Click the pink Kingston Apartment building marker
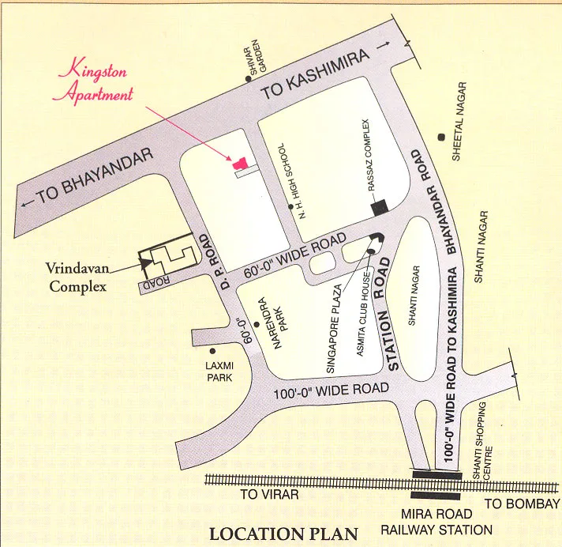(x=239, y=164)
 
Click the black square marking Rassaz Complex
(x=380, y=207)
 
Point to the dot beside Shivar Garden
(x=249, y=79)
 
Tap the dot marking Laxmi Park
(x=212, y=351)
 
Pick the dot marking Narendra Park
(x=256, y=324)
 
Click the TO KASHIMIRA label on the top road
(x=316, y=78)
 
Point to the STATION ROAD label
(x=388, y=313)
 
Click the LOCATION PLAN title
(x=283, y=534)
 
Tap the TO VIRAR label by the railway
(x=270, y=495)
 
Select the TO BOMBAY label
(x=521, y=504)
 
